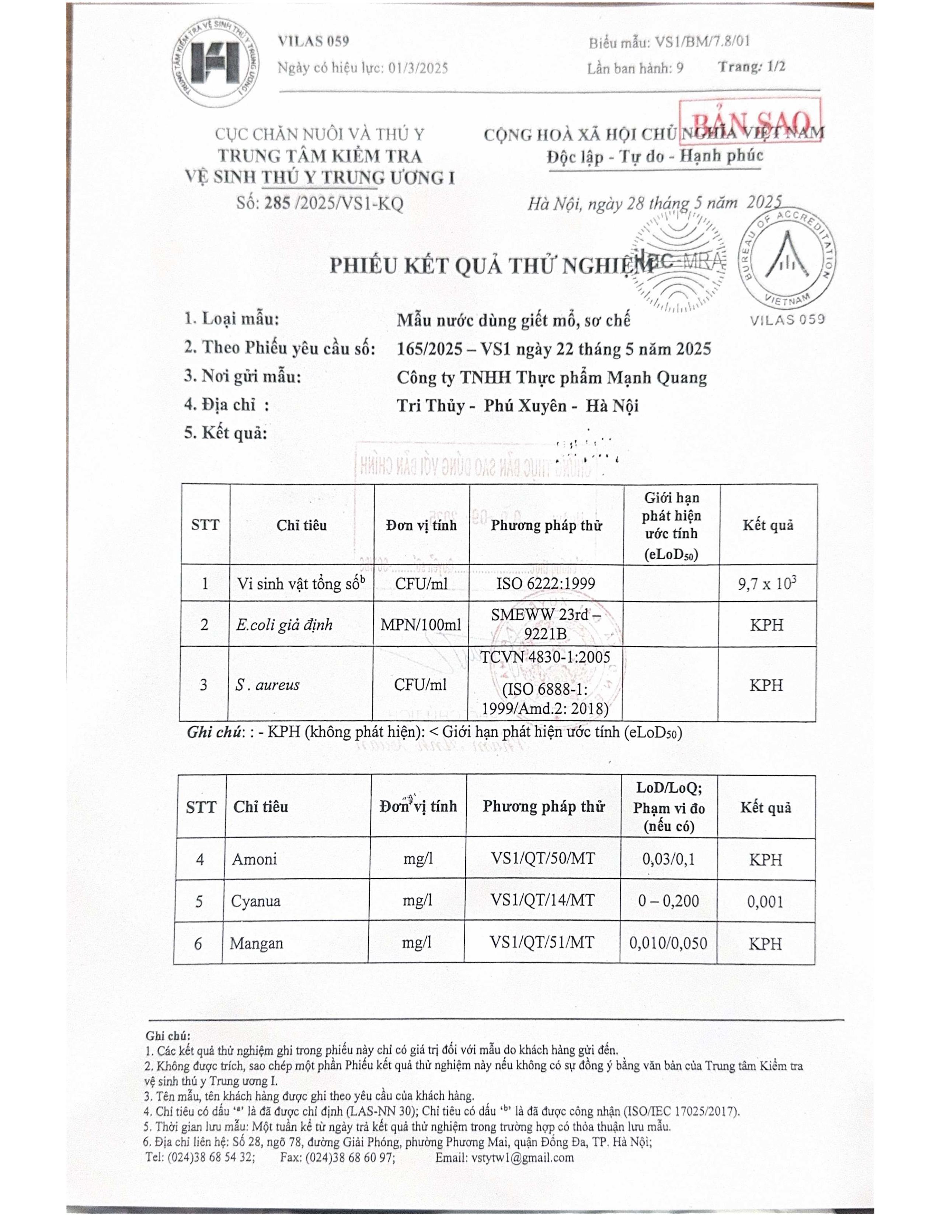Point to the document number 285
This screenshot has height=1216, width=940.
277,203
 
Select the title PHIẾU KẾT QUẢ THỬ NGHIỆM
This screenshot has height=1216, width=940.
491,266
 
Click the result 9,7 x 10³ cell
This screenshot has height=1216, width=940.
767,584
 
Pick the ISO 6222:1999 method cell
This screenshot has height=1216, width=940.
546,584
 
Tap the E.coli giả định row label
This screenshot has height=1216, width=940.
284,625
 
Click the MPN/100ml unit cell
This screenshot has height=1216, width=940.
421,625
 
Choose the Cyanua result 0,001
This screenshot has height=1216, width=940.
765,901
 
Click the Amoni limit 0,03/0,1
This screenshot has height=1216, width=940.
668,859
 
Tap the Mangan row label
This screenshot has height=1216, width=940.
256,943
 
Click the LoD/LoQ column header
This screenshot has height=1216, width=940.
669,807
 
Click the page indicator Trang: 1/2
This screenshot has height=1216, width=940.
751,67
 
